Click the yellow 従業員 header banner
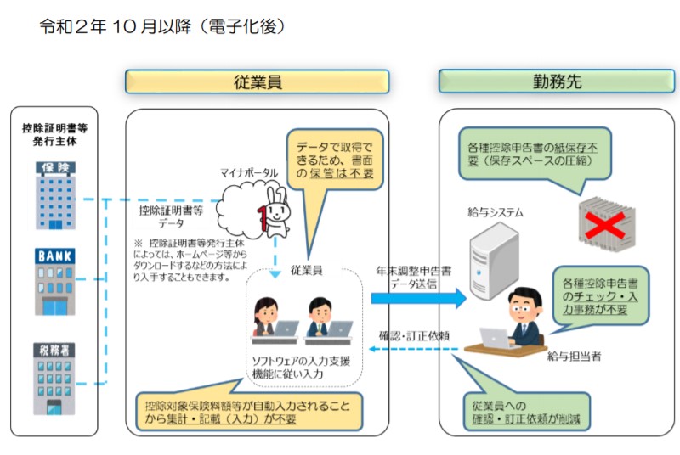point(258,81)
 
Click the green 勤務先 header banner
point(557,81)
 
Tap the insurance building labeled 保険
point(55,195)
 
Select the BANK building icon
point(55,281)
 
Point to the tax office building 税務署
point(54,379)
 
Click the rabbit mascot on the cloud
point(274,212)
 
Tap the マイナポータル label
point(249,172)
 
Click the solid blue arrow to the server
point(418,298)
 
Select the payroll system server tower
point(494,261)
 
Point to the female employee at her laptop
point(265,317)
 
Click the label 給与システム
point(496,212)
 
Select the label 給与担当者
point(575,357)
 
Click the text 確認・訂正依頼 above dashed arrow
point(414,336)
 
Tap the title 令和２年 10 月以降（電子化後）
point(162,26)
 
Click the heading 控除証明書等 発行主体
point(55,135)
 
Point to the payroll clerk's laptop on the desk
point(496,338)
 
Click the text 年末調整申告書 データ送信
point(413,278)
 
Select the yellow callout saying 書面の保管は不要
point(334,160)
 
